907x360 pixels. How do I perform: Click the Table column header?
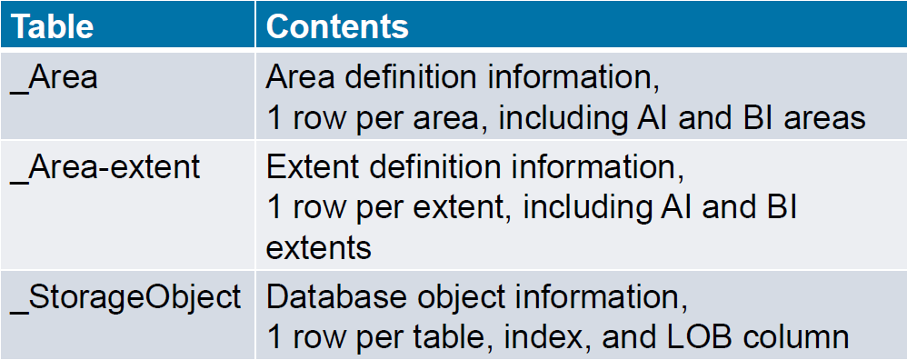pos(52,25)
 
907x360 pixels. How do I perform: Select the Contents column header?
pos(337,25)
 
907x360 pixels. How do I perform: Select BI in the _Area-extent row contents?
pos(779,207)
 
